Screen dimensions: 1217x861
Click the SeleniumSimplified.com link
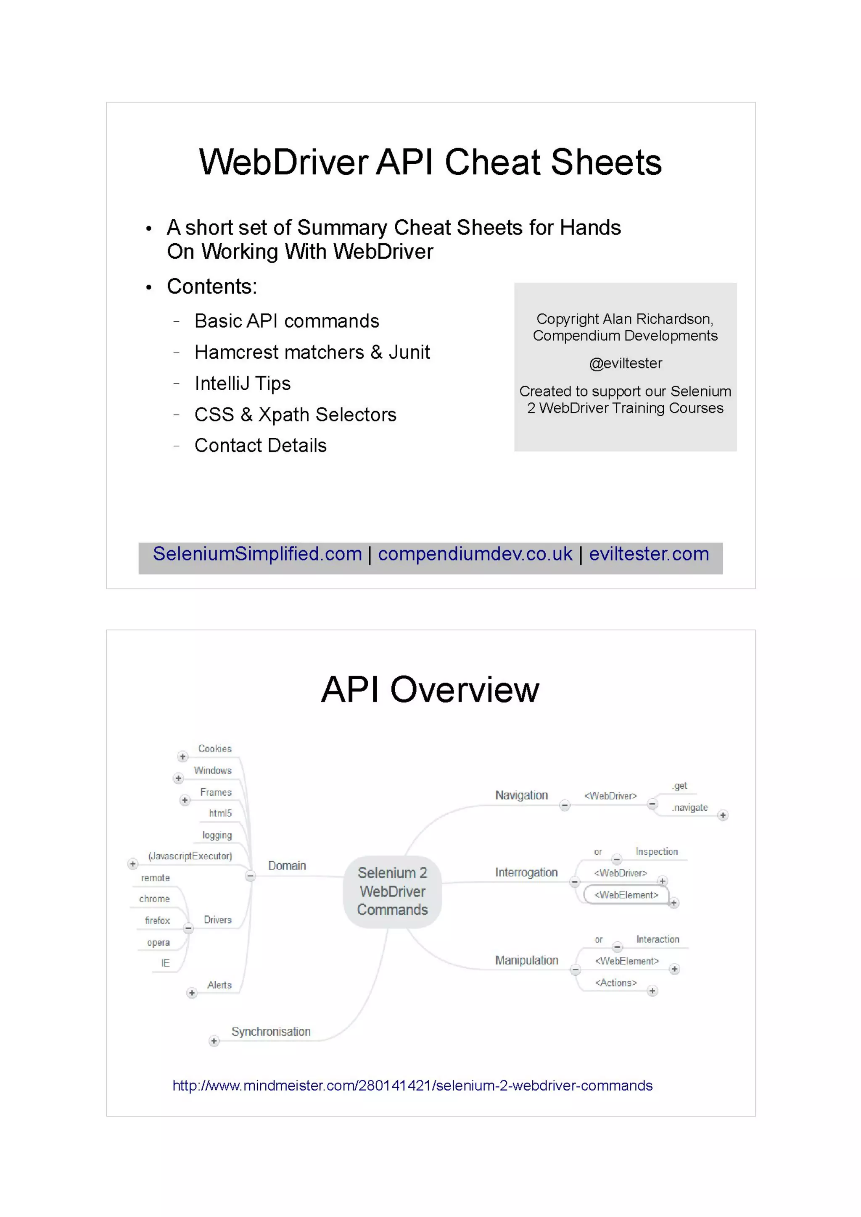coord(257,554)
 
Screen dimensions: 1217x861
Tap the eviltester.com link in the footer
coord(648,554)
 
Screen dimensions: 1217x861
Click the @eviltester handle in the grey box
coord(626,364)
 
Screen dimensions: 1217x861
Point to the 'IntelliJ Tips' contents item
coord(243,383)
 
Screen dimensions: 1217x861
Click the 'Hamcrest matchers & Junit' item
coord(312,352)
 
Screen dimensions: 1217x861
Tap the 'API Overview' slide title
coord(430,690)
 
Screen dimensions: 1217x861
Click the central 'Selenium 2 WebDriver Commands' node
coord(393,891)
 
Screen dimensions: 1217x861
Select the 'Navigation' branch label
coord(521,795)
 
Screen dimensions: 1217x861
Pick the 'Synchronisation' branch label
coord(271,1031)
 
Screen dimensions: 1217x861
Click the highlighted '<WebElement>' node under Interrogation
coord(626,895)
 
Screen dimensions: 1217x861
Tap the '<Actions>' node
coord(616,983)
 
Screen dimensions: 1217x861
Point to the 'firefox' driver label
coord(158,921)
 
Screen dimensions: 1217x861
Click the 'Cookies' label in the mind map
coord(215,749)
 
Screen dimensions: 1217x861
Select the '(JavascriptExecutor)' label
coord(190,856)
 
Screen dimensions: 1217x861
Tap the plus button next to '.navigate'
coord(723,815)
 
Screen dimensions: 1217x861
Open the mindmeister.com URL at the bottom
coord(412,1086)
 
